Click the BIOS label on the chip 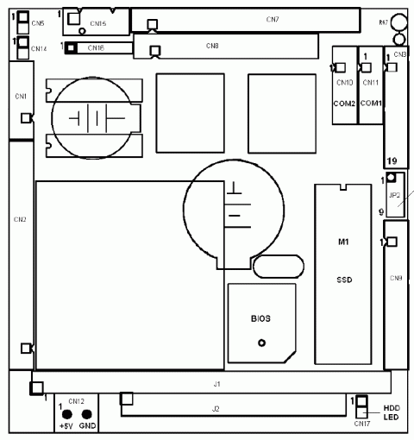[260, 318]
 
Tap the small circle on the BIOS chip [261, 343]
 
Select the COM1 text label [371, 103]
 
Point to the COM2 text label [344, 103]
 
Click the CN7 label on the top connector [273, 18]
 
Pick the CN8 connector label [212, 45]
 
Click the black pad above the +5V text [66, 414]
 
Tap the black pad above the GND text [86, 414]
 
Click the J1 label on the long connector [217, 382]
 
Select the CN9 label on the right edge [395, 278]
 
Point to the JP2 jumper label [395, 195]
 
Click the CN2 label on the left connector [20, 219]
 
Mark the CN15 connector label [97, 23]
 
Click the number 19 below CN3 [391, 161]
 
